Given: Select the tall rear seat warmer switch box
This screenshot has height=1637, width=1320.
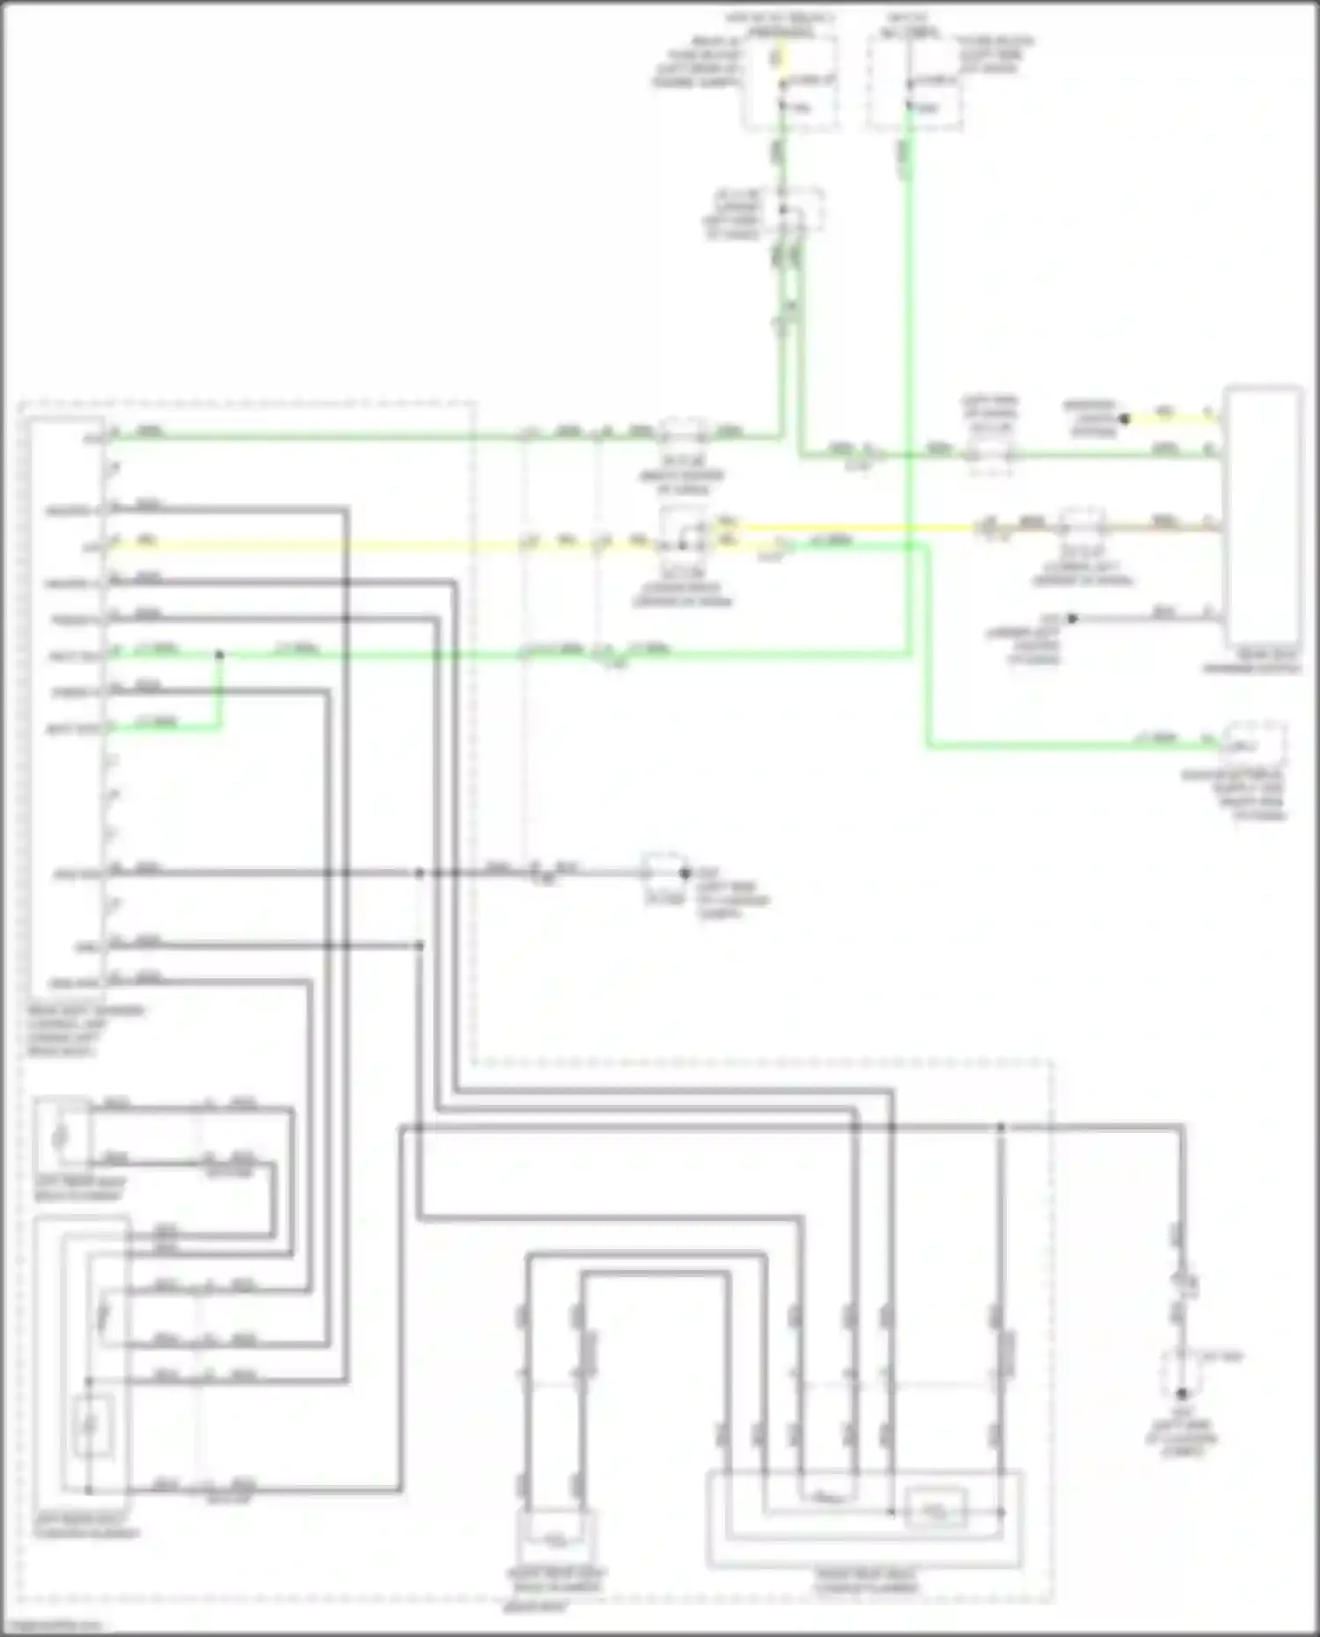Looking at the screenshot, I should [x=1264, y=519].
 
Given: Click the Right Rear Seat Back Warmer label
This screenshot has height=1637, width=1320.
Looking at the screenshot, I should [x=555, y=1580].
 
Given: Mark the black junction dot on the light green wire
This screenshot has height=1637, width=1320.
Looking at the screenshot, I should [x=219, y=655].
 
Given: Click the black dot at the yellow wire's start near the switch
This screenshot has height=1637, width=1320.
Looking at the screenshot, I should [x=1124, y=419].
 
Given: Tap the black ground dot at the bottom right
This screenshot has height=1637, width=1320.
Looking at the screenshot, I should [x=1182, y=1393].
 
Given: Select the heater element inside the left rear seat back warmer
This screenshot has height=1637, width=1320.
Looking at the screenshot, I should [x=60, y=1136].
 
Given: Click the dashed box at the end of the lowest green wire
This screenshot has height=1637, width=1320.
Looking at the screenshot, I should [x=1254, y=746].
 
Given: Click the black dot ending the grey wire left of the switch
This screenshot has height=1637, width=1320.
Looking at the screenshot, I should [x=1072, y=618].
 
